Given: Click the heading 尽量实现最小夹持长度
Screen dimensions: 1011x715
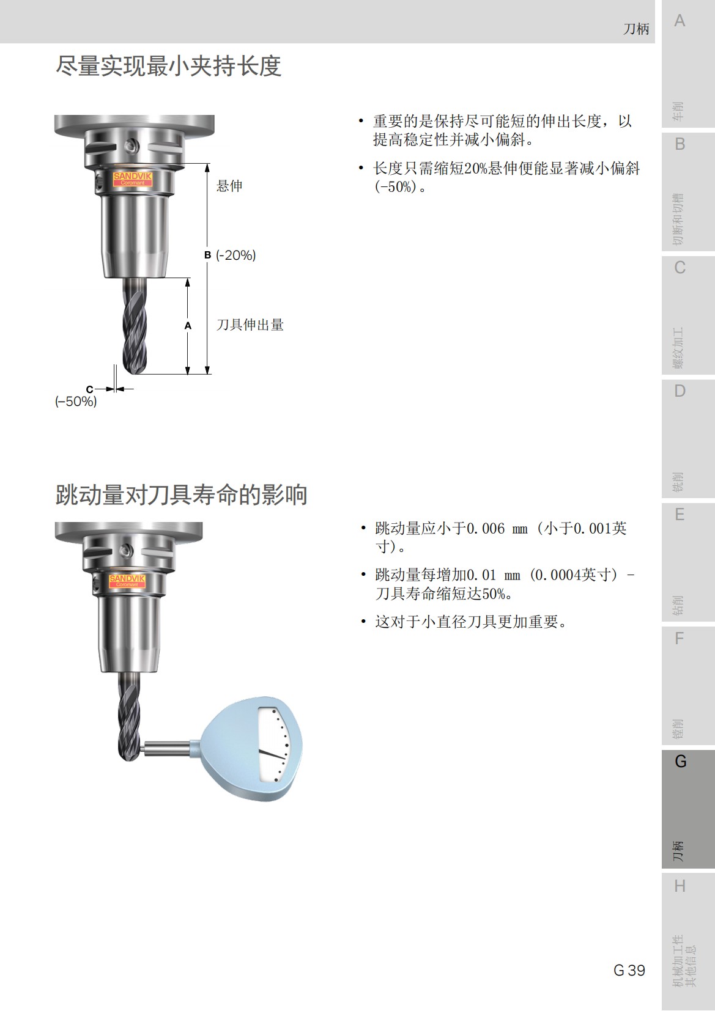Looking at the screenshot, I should [x=168, y=66].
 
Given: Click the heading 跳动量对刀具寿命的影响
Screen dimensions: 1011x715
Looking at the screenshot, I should [x=181, y=494].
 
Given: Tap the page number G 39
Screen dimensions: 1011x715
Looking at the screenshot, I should [x=629, y=970].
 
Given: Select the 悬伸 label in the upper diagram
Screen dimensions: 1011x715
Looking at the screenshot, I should [x=229, y=186].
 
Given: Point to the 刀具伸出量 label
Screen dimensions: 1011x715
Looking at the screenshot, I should [x=250, y=325].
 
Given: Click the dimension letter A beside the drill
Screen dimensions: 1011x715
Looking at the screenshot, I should [x=188, y=326].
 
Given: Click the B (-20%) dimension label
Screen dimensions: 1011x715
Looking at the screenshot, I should [x=230, y=256].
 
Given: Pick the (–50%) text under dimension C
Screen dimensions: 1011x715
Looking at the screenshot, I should [x=76, y=402].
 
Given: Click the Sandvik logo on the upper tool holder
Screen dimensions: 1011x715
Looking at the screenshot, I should [x=132, y=178].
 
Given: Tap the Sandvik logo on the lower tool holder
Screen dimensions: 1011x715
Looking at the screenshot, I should [x=127, y=580].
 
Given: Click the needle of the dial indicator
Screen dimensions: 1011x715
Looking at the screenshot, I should [x=272, y=754].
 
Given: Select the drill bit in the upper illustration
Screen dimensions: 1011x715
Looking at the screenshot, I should [x=135, y=327].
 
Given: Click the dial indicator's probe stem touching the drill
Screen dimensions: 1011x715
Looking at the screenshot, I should [x=165, y=747].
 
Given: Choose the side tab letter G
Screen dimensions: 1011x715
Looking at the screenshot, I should [x=680, y=762].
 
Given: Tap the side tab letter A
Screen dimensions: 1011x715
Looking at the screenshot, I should [x=680, y=21].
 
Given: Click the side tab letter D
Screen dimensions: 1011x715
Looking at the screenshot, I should [x=680, y=391].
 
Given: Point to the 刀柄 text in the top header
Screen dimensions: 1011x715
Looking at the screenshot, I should [x=636, y=29].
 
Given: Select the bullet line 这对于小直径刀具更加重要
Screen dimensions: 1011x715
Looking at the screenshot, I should [x=470, y=622].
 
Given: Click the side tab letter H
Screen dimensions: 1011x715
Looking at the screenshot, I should [x=680, y=886].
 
